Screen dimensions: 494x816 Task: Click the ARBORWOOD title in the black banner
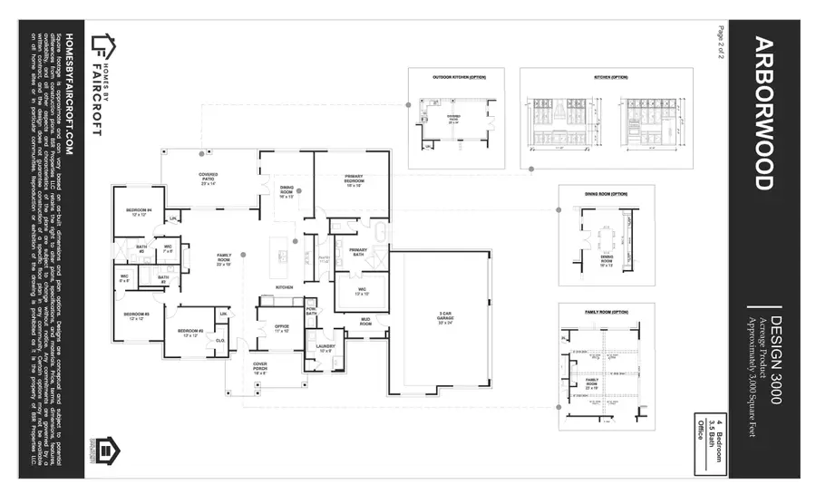[763, 113]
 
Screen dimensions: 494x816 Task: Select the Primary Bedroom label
[353, 179]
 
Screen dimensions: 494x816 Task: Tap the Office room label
[282, 329]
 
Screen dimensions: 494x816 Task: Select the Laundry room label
[325, 347]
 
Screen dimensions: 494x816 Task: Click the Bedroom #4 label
[139, 213]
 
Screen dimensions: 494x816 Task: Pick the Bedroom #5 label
[136, 316]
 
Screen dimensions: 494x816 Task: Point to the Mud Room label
[365, 321]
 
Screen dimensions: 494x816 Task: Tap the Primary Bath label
[358, 251]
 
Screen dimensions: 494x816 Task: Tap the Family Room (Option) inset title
[606, 312]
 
